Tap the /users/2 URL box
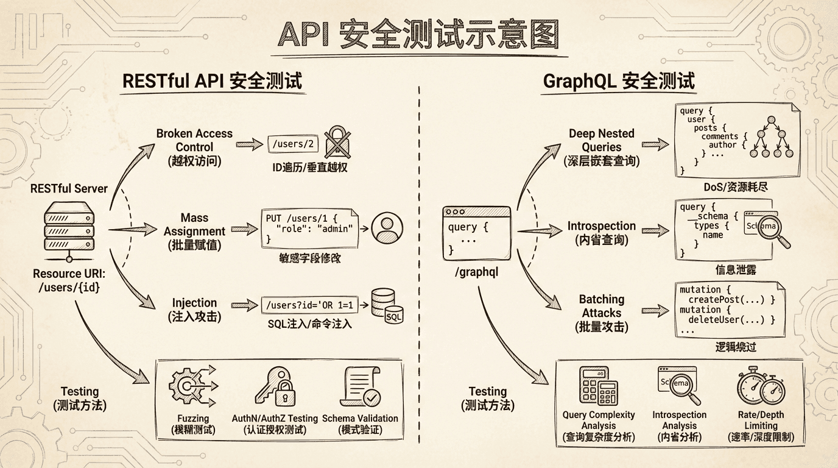point(293,144)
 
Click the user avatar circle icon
point(387,229)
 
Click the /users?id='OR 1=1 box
point(309,303)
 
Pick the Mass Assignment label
point(194,232)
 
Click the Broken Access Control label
point(194,147)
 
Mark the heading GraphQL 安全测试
point(619,81)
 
